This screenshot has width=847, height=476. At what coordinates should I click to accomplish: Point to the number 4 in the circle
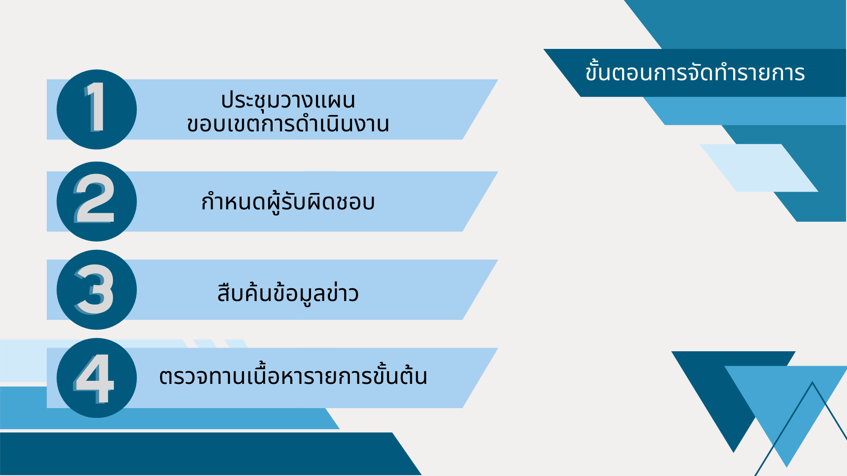94,378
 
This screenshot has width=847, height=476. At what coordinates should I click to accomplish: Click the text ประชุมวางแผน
288,100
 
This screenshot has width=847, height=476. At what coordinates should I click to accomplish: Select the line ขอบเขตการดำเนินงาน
288,124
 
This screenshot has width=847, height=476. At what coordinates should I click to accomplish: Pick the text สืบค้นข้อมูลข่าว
288,293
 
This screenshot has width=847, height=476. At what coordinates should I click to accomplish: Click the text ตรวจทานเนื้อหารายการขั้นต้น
293,376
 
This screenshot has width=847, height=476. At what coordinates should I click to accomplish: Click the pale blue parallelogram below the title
759,168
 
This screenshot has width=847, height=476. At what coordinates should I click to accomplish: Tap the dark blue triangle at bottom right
723,388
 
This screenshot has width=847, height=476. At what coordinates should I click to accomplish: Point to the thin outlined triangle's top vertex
812,382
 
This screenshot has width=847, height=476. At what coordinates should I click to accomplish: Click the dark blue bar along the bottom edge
207,454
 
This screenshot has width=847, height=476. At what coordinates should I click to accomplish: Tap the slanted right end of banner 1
480,109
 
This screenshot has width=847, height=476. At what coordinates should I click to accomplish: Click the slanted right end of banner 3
480,290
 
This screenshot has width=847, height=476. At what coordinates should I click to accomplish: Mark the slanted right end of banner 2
480,201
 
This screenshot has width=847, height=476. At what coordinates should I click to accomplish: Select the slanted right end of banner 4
480,378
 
